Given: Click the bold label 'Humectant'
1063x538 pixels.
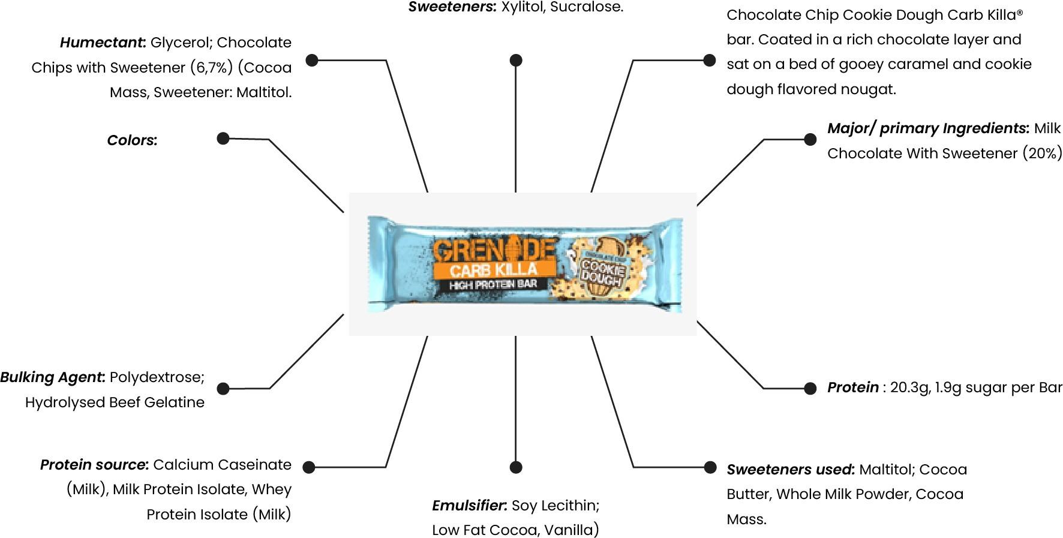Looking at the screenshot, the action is (103, 43).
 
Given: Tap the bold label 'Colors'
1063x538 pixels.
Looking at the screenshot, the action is (132, 140).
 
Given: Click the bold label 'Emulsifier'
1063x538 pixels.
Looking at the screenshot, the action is (470, 506).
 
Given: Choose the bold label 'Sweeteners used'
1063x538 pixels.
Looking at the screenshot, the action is (790, 470).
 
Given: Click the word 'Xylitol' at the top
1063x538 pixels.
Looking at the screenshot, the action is (524, 7).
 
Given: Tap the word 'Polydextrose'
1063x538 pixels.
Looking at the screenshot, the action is (157, 377).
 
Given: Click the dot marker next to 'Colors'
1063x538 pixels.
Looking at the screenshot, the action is (223, 139).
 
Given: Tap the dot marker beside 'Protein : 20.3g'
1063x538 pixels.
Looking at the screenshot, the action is (810, 388).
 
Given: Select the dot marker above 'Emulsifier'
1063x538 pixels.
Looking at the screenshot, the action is (515, 467).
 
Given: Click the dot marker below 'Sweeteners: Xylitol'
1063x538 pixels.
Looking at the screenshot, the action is (516, 60).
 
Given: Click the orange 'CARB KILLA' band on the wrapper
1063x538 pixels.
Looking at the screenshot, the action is (493, 270).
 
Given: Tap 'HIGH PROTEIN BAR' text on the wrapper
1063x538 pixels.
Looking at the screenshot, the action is (493, 284).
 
